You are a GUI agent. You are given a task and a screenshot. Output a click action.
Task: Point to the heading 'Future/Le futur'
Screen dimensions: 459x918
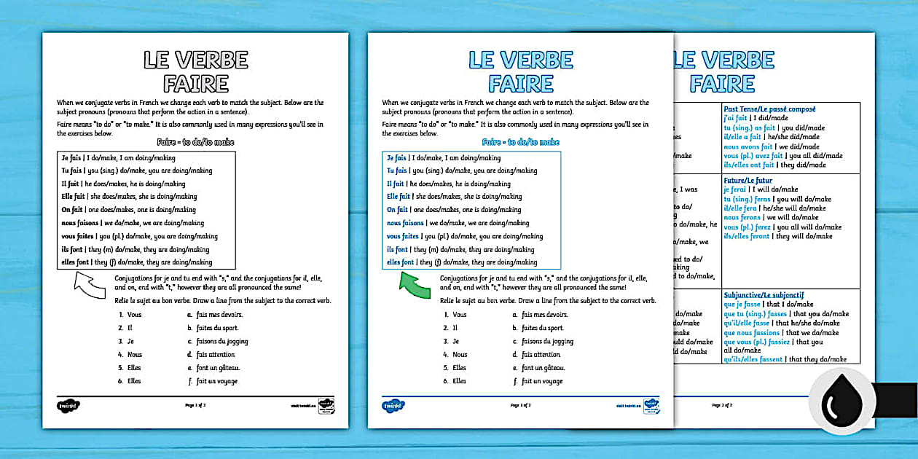tap(748, 180)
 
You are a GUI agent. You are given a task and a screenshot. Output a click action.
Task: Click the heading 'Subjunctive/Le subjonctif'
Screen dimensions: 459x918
tap(764, 294)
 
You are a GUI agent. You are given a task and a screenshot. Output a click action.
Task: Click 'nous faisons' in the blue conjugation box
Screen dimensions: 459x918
tap(405, 223)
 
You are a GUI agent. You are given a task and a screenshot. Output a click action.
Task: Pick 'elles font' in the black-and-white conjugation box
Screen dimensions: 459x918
tap(75, 262)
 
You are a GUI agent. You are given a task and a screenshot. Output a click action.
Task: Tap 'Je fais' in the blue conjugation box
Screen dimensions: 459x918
tap(396, 157)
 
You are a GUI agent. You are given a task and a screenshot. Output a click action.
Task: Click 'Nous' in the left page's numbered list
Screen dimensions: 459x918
tap(135, 355)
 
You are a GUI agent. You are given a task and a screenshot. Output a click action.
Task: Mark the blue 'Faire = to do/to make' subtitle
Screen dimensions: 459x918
tap(520, 143)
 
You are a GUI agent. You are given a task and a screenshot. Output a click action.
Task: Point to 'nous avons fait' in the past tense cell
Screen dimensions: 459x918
tap(742, 146)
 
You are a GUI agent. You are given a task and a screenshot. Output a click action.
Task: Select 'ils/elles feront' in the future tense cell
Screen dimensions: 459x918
tap(746, 236)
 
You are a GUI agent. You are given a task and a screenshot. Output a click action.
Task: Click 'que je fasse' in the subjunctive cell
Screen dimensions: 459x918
tap(742, 304)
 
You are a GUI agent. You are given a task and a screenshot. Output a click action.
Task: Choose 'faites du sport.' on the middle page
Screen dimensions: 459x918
tap(543, 328)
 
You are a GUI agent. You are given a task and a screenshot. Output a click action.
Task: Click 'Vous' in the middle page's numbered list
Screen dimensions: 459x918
tap(459, 315)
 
